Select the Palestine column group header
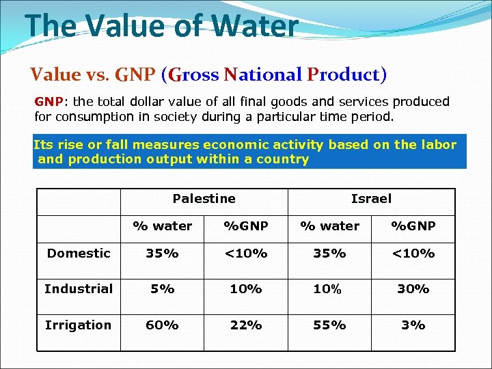[x=204, y=199]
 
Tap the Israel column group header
[x=371, y=199]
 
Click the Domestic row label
[x=79, y=253]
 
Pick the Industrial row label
[x=79, y=288]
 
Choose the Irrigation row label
[x=78, y=325]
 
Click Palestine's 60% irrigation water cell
[x=162, y=325]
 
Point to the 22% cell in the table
[x=246, y=325]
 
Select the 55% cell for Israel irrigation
[x=329, y=325]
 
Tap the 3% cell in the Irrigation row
[x=413, y=325]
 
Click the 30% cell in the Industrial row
[x=413, y=289]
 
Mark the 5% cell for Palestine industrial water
[x=162, y=289]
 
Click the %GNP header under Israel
[x=413, y=225]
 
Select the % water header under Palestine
[x=162, y=225]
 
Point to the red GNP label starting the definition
[x=49, y=102]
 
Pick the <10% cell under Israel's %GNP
[x=413, y=253]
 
